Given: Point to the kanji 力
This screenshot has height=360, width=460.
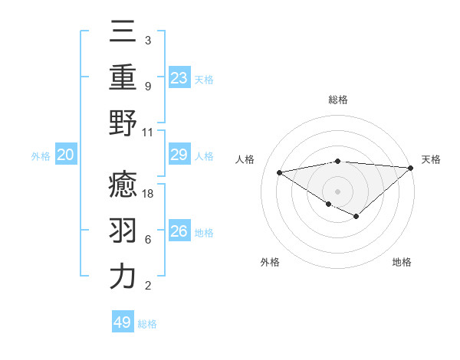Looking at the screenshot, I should pyautogui.click(x=123, y=277).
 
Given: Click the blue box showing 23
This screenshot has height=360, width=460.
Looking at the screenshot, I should pyautogui.click(x=179, y=77).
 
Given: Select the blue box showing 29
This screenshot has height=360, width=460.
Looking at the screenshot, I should pyautogui.click(x=179, y=155).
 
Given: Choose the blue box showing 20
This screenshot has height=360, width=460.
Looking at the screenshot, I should pyautogui.click(x=66, y=155).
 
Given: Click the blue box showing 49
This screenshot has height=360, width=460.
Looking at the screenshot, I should pyautogui.click(x=123, y=322).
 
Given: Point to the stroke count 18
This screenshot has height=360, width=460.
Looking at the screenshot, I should pyautogui.click(x=149, y=194).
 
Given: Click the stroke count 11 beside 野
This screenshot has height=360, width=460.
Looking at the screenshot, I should pyautogui.click(x=149, y=131).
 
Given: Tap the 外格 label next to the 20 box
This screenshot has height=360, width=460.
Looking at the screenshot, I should pyautogui.click(x=41, y=156).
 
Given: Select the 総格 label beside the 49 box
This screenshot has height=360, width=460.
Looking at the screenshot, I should pyautogui.click(x=147, y=324).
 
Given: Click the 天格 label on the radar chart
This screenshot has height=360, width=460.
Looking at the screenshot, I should pyautogui.click(x=432, y=159).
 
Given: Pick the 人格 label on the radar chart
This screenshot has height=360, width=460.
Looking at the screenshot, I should pyautogui.click(x=246, y=159).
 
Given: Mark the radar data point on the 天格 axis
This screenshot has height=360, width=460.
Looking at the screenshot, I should pyautogui.click(x=411, y=168).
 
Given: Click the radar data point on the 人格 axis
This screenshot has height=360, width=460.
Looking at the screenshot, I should pyautogui.click(x=280, y=172).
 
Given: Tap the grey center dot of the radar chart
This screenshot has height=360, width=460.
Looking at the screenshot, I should pyautogui.click(x=337, y=191).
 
